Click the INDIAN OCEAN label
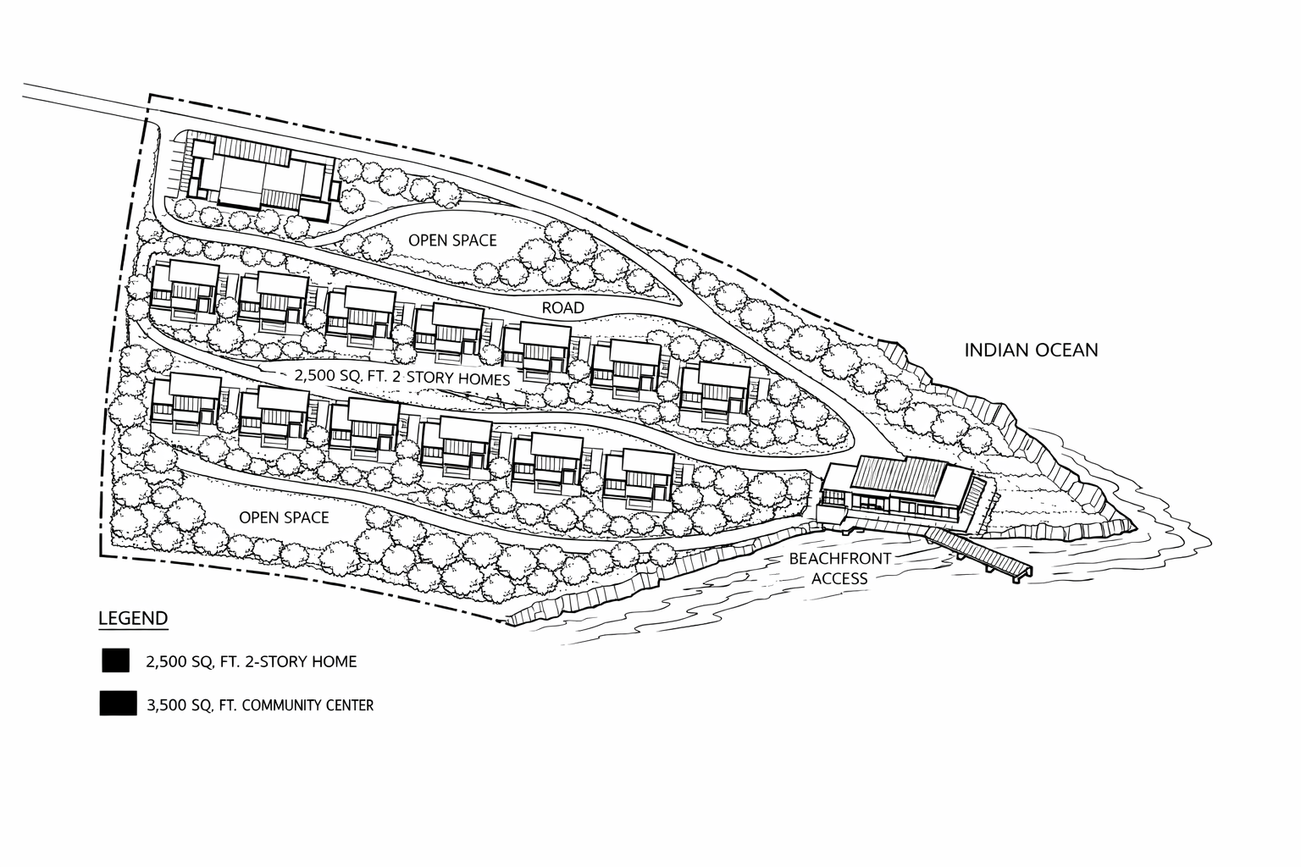tap(1031, 350)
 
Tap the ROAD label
tap(563, 307)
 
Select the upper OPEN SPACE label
tap(452, 240)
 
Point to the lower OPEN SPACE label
tap(284, 517)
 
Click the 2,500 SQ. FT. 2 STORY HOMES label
tap(401, 377)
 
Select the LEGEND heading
tap(133, 618)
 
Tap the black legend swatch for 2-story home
tap(115, 661)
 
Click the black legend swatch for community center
tap(118, 704)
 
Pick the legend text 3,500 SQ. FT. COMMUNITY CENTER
tap(260, 704)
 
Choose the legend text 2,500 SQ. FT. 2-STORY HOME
tap(252, 662)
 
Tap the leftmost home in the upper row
tap(184, 290)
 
